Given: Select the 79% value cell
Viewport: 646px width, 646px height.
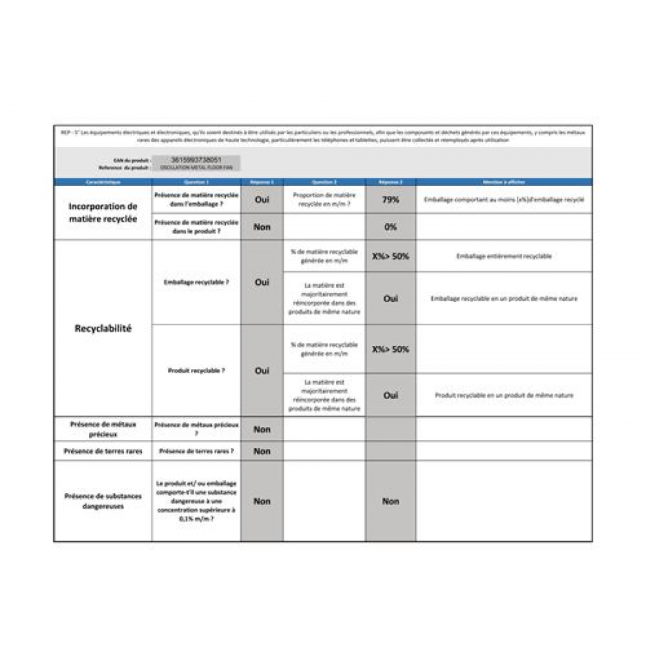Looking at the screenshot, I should click(x=390, y=200).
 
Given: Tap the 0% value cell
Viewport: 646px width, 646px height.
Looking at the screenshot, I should click(x=390, y=227).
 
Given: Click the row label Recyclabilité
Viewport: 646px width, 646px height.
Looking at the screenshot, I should click(x=103, y=329).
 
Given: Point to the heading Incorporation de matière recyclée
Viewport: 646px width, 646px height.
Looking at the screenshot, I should click(x=103, y=212).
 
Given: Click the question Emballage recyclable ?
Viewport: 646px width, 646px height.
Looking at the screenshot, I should click(x=196, y=282).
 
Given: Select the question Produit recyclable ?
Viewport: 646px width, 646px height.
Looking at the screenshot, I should click(x=196, y=370).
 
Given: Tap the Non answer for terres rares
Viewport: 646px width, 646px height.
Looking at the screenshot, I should click(x=262, y=451).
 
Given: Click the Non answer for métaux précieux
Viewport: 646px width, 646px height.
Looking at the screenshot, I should click(x=262, y=429).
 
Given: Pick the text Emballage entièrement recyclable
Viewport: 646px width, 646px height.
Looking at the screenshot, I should click(x=504, y=256).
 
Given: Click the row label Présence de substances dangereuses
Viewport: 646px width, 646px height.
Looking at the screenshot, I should click(x=103, y=501).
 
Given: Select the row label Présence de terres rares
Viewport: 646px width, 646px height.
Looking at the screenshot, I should click(x=103, y=451).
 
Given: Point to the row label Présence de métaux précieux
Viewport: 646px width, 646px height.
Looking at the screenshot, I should click(x=103, y=429).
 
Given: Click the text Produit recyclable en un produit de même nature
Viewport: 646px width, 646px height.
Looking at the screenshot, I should click(x=504, y=395).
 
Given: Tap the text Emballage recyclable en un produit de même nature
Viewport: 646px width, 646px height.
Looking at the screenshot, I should click(x=504, y=299).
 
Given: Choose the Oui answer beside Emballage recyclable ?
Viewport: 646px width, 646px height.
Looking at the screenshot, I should click(x=262, y=282).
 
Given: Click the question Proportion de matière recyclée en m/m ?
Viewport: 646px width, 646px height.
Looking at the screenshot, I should click(x=324, y=200).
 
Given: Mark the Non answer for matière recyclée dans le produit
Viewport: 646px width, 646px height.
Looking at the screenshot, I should click(x=262, y=227).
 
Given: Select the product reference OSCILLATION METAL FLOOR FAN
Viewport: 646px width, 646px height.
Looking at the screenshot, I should click(x=197, y=167).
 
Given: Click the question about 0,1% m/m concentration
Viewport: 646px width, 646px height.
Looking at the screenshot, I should click(x=196, y=501).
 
